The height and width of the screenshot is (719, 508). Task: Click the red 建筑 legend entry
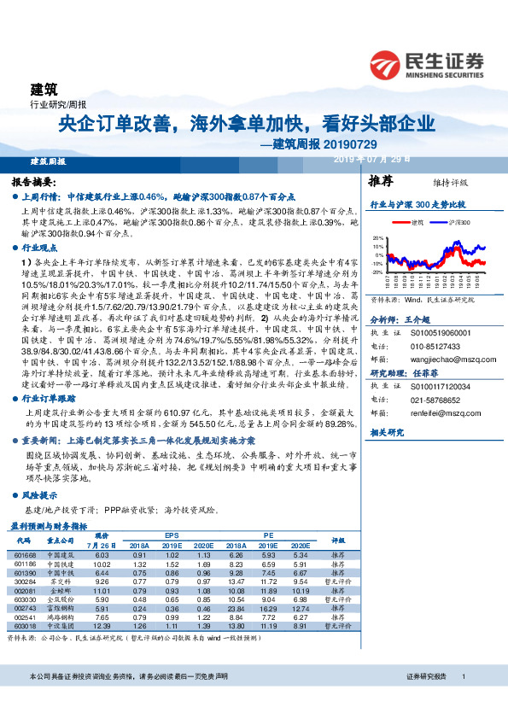tap(417, 221)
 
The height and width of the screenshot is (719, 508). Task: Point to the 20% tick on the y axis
tap(378, 238)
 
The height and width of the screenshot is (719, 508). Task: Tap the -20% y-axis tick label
tap(377, 272)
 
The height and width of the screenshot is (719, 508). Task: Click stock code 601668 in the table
tap(25, 555)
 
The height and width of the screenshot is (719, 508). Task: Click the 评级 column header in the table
tap(339, 541)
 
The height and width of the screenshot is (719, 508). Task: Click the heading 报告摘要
tap(34, 183)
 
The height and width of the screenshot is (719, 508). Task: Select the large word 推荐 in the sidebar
tap(381, 182)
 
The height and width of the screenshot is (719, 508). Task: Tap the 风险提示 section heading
tap(42, 495)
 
